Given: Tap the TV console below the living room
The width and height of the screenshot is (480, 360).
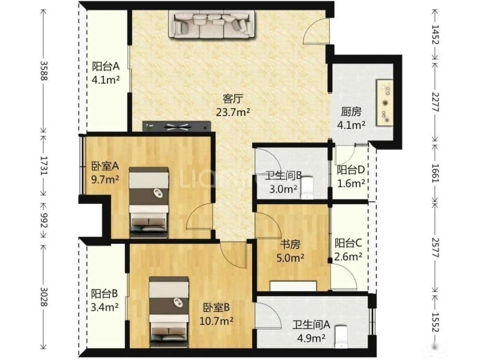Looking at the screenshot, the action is (x=177, y=126).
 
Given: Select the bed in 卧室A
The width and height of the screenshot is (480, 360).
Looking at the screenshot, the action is (x=149, y=202).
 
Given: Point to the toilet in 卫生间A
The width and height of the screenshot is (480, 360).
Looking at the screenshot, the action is (x=341, y=337).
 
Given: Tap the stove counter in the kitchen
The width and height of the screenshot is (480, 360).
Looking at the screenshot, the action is (x=385, y=102).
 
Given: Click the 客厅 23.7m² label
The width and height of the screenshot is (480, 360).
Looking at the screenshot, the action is (x=233, y=105).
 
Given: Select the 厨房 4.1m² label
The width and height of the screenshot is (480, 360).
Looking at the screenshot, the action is (x=351, y=118).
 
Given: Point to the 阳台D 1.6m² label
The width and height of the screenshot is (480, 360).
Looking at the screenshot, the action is (x=351, y=176).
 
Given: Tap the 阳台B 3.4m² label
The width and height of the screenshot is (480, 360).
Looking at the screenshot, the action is (x=104, y=300).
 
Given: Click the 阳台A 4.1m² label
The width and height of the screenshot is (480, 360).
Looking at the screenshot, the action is (x=105, y=73).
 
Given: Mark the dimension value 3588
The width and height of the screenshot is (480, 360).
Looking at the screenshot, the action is (x=44, y=70).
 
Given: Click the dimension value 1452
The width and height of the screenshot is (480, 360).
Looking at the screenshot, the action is (x=435, y=34).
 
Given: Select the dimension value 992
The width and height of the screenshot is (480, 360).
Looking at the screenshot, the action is (x=44, y=220).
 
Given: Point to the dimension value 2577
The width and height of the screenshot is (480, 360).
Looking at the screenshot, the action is (x=435, y=247).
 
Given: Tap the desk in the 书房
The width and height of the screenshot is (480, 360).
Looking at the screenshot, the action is (x=293, y=286).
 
